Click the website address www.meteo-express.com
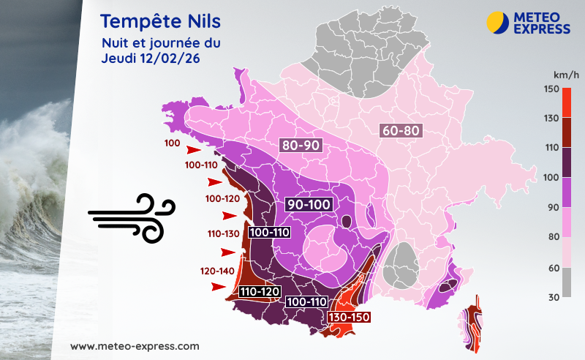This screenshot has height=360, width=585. tap(135, 345)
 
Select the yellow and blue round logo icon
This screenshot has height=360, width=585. tap(498, 22)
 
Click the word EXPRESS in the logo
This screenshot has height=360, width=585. tap(541, 29)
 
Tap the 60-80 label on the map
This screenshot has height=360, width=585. tap(400, 131)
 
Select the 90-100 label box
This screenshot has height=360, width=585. tap(309, 204)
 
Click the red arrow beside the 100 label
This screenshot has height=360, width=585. tap(193, 149)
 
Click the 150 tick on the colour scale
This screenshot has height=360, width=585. tap(551, 89)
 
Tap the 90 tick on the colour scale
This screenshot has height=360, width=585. tap(551, 207)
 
